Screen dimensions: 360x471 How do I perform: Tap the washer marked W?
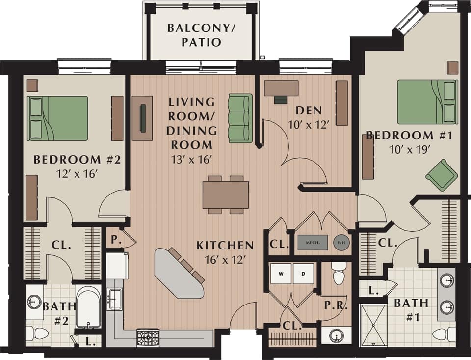281,274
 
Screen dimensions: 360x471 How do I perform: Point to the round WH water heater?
341,242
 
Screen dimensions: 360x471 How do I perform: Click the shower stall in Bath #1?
374,325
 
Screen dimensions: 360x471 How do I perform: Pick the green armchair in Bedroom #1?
442,175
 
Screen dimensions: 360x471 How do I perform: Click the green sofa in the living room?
240,118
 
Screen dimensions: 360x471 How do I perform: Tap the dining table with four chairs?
226,194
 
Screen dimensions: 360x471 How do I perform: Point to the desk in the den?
281,88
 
